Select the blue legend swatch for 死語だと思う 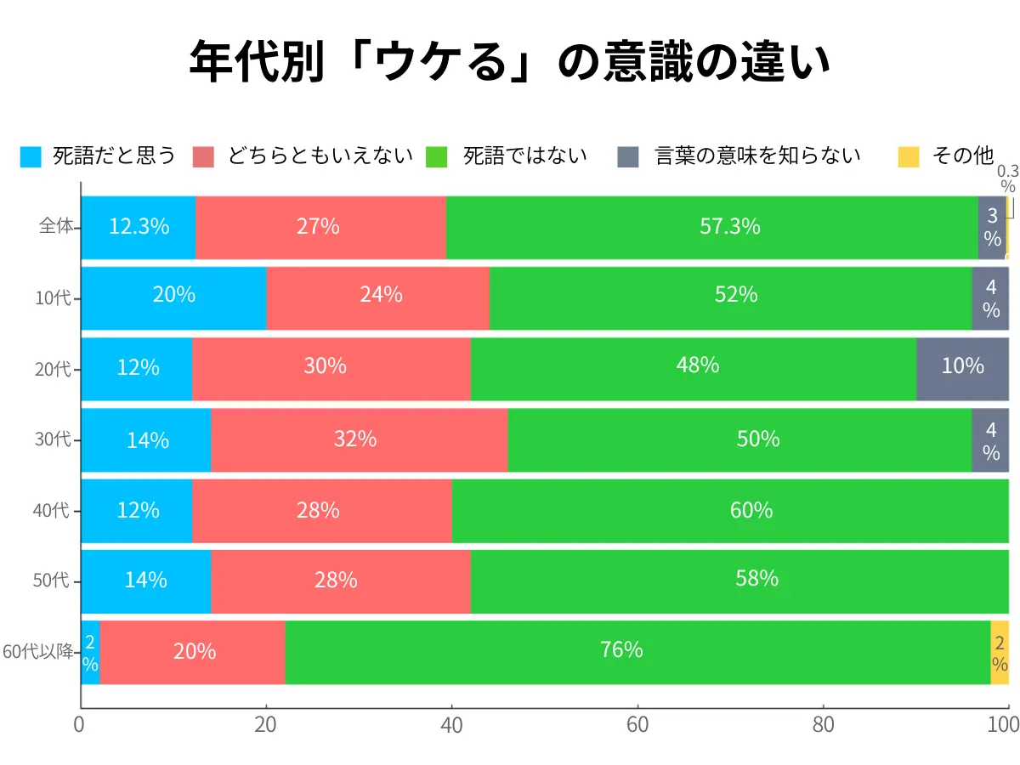click(x=31, y=156)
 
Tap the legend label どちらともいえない click(x=320, y=156)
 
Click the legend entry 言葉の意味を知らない click(x=757, y=156)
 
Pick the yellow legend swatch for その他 click(x=909, y=156)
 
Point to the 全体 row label click(x=58, y=227)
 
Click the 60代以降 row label click(x=39, y=652)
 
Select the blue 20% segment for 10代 click(x=173, y=295)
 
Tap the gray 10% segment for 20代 click(x=962, y=366)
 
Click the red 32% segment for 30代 click(x=358, y=439)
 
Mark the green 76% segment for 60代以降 click(x=637, y=651)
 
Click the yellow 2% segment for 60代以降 click(x=1000, y=652)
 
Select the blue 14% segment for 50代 click(x=145, y=581)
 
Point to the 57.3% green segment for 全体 click(x=711, y=227)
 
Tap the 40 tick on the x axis click(x=451, y=724)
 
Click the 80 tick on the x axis click(x=823, y=724)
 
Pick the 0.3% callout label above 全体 click(x=1007, y=178)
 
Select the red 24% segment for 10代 click(x=377, y=295)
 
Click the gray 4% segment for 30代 click(x=990, y=440)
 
